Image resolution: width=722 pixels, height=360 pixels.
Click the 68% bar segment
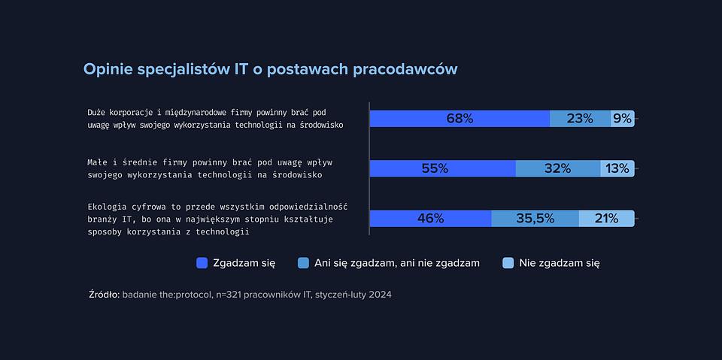pos(460,119)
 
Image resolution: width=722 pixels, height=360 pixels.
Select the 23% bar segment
pos(580,119)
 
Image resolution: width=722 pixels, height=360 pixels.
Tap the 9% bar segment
pos(623,119)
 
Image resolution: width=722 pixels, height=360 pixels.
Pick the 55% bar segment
pos(442,168)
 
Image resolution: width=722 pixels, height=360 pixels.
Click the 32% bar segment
pos(558,168)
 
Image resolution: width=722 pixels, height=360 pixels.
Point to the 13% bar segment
pos(617,168)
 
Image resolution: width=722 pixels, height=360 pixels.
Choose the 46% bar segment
pos(430,219)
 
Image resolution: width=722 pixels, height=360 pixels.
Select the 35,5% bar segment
pos(535,219)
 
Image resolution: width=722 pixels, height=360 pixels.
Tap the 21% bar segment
pos(606,219)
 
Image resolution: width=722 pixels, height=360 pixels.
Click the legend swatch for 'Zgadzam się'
pos(202,263)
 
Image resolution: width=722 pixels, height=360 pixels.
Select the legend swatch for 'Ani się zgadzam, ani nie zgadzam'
pos(303,263)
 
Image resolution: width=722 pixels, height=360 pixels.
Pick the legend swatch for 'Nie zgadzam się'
pos(508,263)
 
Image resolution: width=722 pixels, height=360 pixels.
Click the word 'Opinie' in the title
pos(108,69)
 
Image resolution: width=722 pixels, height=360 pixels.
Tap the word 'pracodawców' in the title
pos(405,69)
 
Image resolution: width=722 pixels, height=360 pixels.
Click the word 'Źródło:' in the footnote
pos(104,295)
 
